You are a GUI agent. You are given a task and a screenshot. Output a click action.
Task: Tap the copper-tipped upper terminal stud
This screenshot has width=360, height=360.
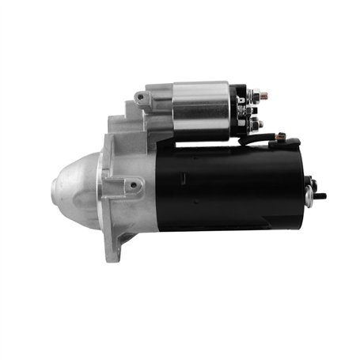264,96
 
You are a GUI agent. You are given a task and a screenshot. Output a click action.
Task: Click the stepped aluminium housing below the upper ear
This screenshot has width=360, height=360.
127,131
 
